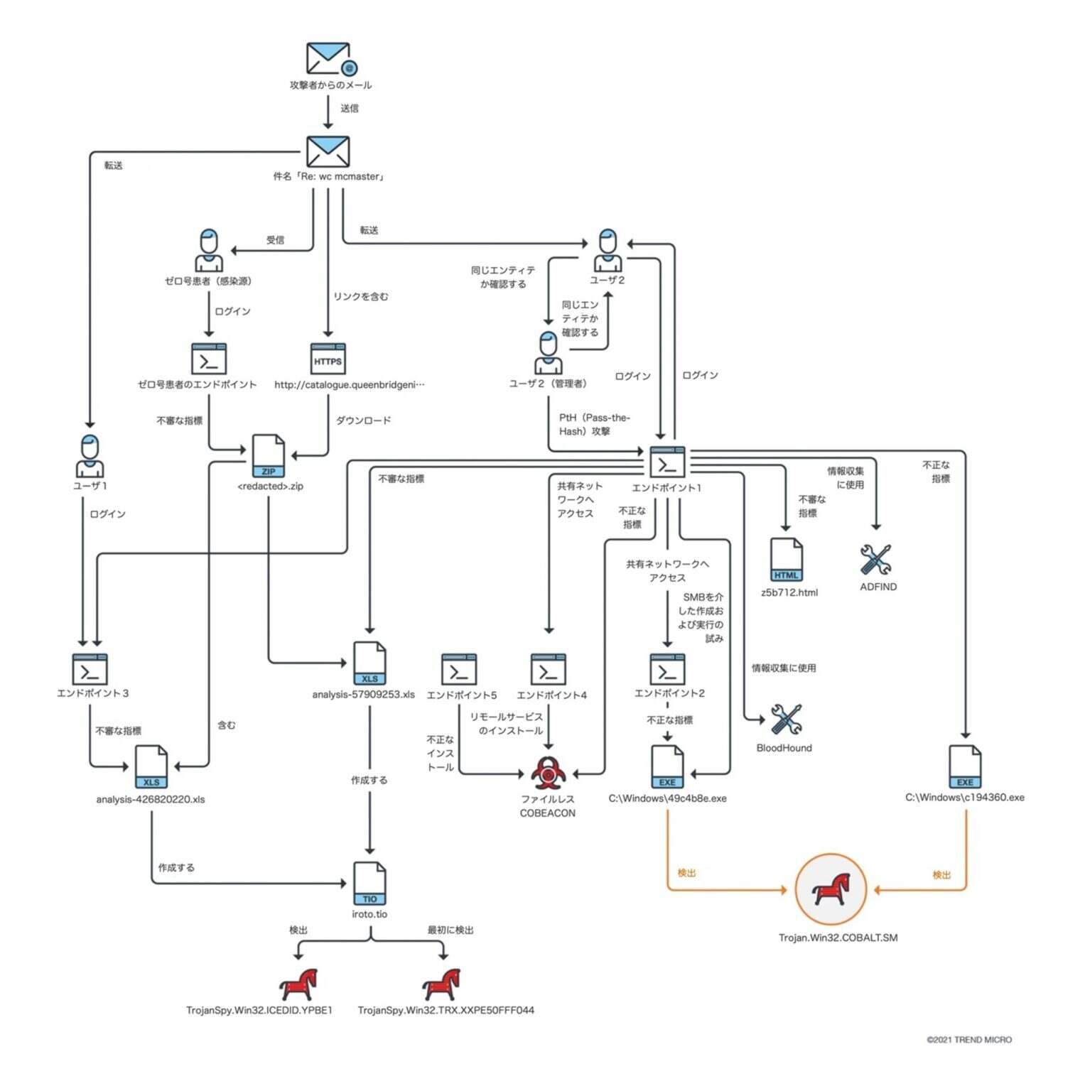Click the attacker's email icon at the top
click(329, 59)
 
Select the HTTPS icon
click(328, 359)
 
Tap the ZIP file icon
click(269, 457)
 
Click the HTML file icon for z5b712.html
click(786, 560)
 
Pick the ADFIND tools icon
click(875, 560)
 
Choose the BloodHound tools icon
click(786, 720)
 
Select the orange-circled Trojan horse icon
click(831, 889)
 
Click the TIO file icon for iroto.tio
click(369, 884)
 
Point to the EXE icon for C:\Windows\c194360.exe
click(964, 767)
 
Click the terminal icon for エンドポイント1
click(667, 462)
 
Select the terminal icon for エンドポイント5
click(459, 670)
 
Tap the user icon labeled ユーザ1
click(90, 457)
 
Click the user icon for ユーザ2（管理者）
click(548, 353)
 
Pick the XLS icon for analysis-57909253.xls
click(369, 663)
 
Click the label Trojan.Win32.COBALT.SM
click(838, 938)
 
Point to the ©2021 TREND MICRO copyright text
click(968, 1040)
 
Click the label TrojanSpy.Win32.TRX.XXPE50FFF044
click(445, 1010)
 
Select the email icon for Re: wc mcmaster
click(328, 152)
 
